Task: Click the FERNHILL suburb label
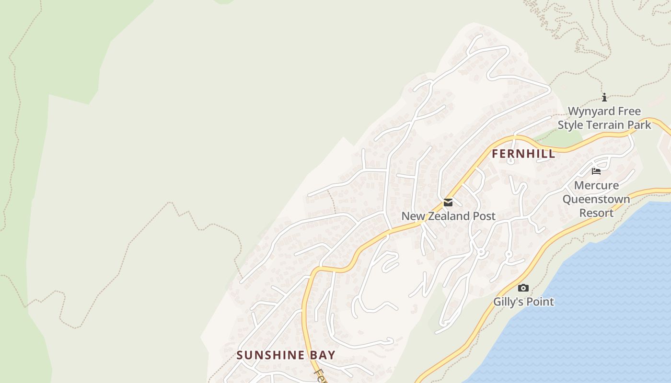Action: (523, 154)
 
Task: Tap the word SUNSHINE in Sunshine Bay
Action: (270, 355)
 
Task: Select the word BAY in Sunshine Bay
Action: (322, 355)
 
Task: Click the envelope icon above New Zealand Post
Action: (448, 203)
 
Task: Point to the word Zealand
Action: (441, 216)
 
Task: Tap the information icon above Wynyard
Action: (604, 97)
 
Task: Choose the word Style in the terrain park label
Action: (570, 125)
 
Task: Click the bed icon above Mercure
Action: (596, 171)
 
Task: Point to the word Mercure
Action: (596, 185)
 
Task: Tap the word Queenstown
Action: (596, 199)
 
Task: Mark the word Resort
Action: (596, 213)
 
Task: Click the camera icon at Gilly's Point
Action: (523, 288)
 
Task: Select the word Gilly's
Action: (509, 302)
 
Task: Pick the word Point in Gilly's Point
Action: (540, 302)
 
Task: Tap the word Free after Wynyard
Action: (629, 112)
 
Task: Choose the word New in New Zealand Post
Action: (412, 216)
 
